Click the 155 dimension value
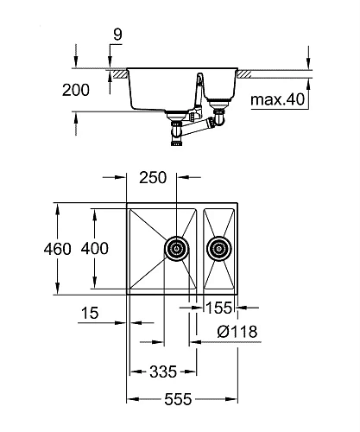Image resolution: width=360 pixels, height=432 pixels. coord(220,307)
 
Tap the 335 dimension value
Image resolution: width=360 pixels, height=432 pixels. coord(161,372)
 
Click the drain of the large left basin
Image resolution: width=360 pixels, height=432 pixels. coord(177,249)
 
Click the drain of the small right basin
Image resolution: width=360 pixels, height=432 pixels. coord(218,250)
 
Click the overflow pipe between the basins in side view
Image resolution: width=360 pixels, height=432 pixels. coord(199,95)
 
